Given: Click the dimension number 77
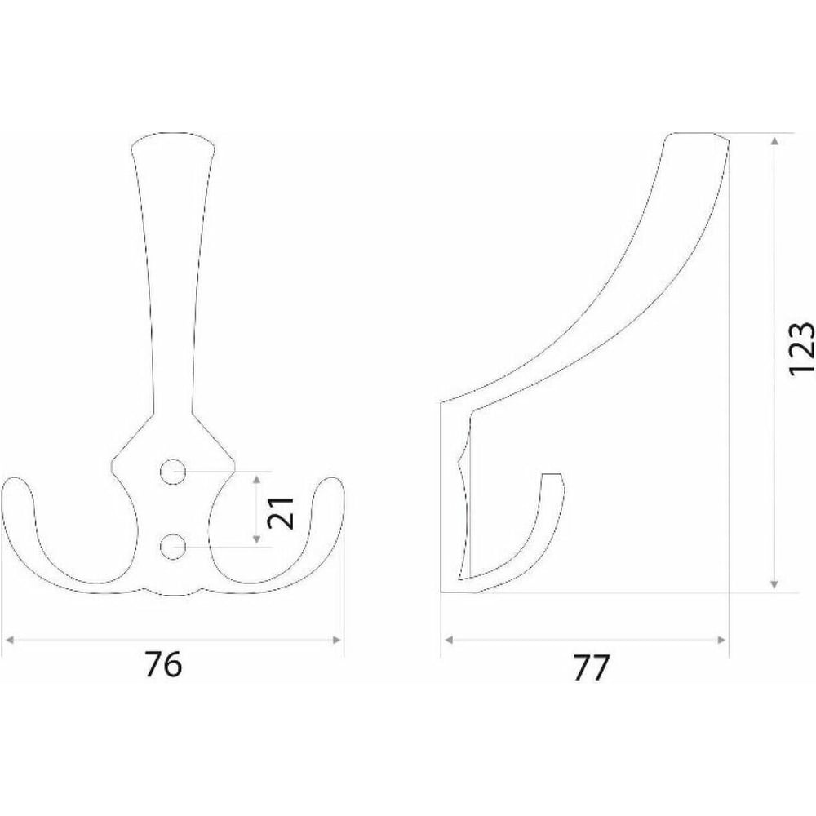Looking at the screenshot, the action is tap(590, 667).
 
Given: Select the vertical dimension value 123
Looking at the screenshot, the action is tap(801, 348).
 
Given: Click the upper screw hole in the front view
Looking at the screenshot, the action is tap(173, 472).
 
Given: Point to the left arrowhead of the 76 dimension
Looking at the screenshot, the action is tap(8, 640).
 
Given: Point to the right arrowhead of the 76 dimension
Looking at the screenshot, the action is tap(338, 640).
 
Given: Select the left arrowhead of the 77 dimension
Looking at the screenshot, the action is tap(447, 640).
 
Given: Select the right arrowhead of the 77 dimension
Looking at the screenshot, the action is tap(721, 640).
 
